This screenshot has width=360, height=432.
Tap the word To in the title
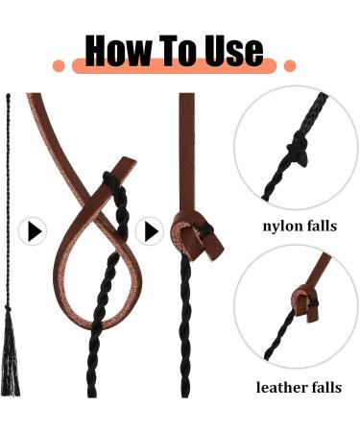click(181, 50)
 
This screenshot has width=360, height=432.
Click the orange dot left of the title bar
click(59, 66)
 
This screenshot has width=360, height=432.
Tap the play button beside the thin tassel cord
click(33, 231)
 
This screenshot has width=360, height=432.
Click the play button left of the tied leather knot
click(150, 231)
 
